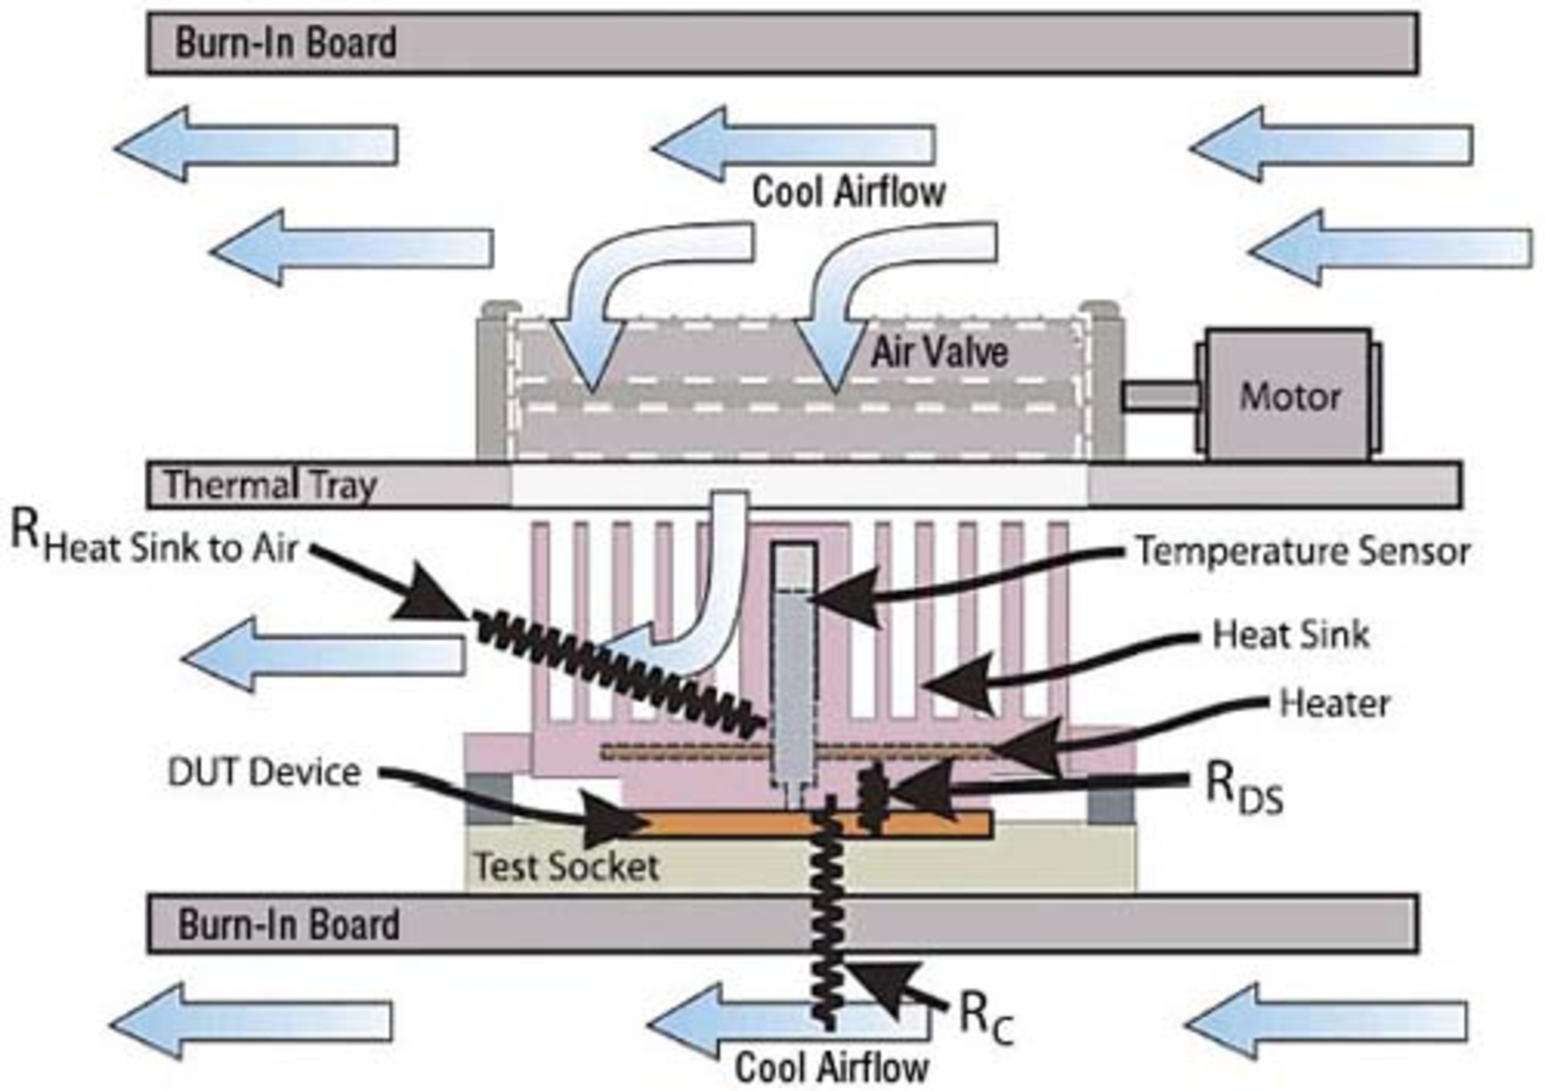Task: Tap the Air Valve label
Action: click(939, 352)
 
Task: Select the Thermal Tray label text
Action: click(270, 485)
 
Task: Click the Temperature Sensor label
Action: click(1303, 552)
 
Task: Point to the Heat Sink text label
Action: click(1290, 635)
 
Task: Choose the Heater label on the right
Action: click(1334, 704)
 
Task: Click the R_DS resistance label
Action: click(1243, 788)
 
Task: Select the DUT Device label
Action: click(263, 772)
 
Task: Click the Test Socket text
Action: click(566, 867)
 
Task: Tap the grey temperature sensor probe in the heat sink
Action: click(793, 684)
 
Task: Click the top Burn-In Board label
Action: click(286, 43)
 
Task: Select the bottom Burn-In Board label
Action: click(288, 924)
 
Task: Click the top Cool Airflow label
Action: click(848, 192)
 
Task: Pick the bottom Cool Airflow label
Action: click(831, 1068)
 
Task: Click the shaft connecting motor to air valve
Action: click(1160, 396)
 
